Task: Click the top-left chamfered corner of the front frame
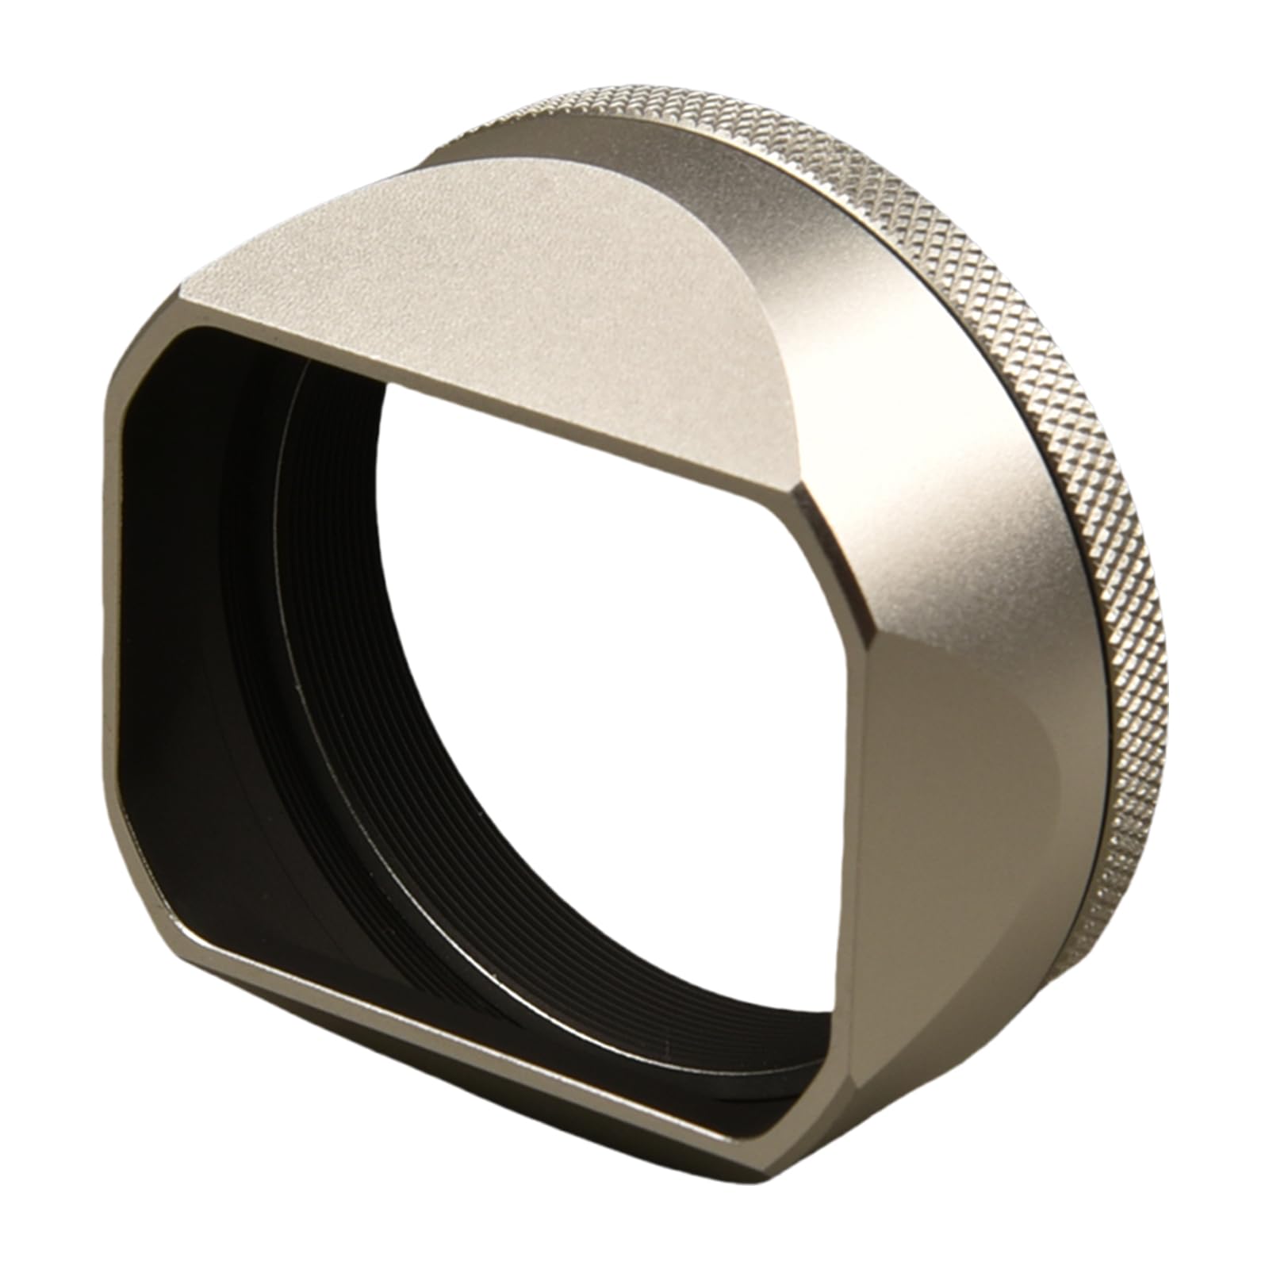point(140,349)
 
